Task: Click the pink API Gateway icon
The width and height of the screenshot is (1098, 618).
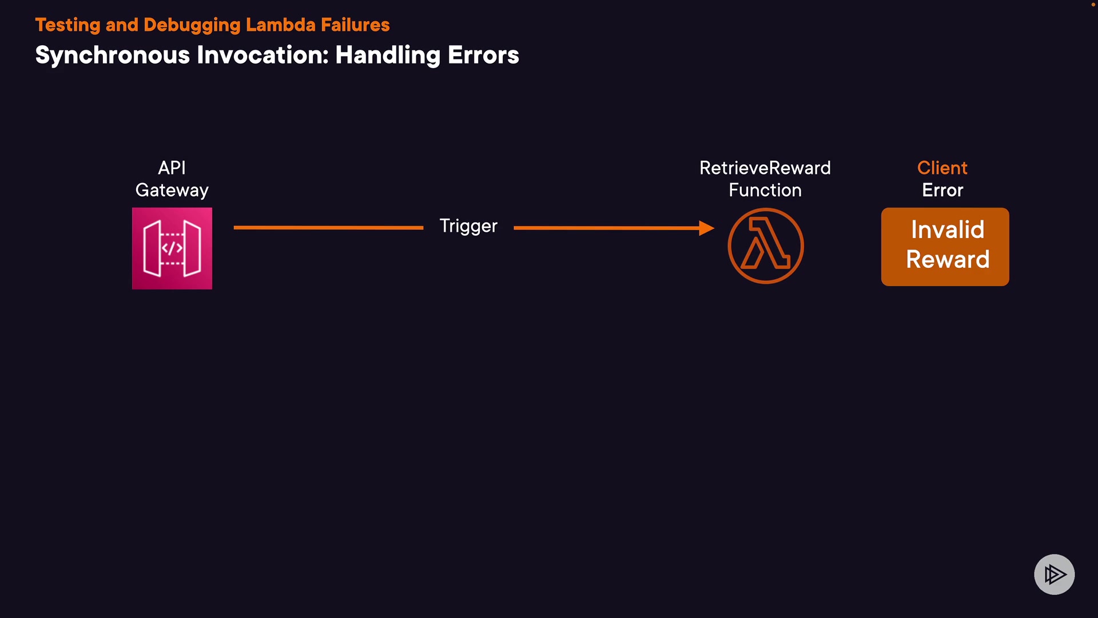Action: pos(172,248)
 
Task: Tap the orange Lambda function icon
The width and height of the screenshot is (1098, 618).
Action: pos(766,246)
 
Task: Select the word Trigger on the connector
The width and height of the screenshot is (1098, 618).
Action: pos(468,226)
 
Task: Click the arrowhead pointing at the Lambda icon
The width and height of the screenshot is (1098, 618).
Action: pos(707,228)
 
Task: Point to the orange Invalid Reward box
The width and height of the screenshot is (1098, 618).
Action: pos(945,247)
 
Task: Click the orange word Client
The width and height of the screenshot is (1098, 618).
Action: pos(942,168)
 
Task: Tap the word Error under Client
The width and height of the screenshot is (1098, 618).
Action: pos(942,190)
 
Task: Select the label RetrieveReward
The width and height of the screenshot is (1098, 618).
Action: pos(765,168)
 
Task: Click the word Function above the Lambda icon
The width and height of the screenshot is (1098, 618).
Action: pos(765,190)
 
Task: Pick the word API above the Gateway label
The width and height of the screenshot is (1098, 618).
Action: pos(172,168)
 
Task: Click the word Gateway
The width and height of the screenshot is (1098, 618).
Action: pos(172,190)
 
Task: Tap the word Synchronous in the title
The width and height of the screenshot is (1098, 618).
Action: pos(112,56)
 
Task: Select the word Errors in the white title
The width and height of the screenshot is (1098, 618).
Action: pos(483,56)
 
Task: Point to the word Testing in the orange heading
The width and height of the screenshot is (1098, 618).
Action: pos(67,25)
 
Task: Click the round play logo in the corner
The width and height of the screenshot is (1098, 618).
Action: pos(1054,574)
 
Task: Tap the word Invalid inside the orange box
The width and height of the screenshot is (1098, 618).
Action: pos(948,230)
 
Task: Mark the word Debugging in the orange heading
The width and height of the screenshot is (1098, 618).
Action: pos(192,25)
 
